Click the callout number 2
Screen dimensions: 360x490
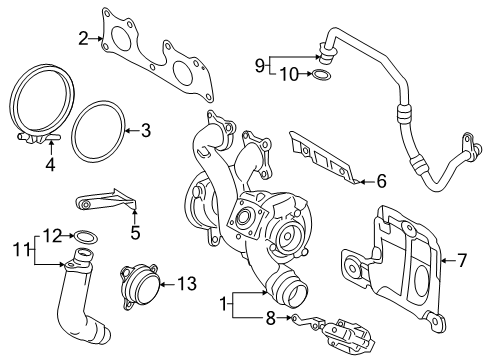pyautogui.click(x=83, y=39)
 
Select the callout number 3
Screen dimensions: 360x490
pyautogui.click(x=145, y=129)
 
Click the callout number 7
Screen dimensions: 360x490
pyautogui.click(x=461, y=261)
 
